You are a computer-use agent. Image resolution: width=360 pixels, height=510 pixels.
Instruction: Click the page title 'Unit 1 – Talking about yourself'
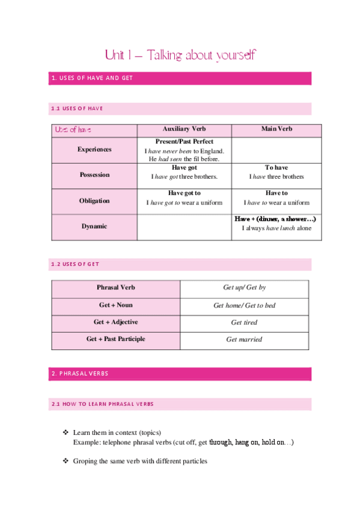[x=180, y=55]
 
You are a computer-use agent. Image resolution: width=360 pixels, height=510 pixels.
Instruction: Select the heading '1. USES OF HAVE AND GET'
[x=92, y=78]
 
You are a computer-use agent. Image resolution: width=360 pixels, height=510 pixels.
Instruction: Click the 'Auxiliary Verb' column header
[x=184, y=129]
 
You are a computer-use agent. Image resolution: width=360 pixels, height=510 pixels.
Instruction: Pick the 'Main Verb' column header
[x=276, y=129]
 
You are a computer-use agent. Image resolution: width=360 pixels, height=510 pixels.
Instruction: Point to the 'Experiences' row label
[x=94, y=149]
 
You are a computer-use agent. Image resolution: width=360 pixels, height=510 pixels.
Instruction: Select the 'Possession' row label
[x=94, y=175]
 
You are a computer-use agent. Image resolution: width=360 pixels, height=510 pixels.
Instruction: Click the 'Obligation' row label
[x=94, y=201]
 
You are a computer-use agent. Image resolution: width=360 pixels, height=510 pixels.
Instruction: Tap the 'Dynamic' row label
[x=94, y=227]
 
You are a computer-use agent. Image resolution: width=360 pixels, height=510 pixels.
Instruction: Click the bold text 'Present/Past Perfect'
[x=184, y=141]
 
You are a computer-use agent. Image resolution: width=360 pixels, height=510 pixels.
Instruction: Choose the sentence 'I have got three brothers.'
[x=184, y=177]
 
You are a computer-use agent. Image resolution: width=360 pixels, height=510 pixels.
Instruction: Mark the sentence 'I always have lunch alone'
[x=276, y=229]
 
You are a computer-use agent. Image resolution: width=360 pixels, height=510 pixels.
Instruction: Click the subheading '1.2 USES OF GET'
[x=75, y=264]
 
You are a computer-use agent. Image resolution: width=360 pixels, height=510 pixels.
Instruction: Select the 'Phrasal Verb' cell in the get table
[x=115, y=288]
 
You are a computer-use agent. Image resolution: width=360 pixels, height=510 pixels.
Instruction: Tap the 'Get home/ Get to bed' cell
[x=244, y=306]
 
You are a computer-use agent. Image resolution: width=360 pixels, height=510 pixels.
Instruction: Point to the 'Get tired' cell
[x=244, y=322]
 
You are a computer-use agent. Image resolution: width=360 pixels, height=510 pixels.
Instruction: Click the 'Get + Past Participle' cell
[x=115, y=339]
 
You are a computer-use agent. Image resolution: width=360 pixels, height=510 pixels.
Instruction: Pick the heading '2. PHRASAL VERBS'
[x=80, y=373]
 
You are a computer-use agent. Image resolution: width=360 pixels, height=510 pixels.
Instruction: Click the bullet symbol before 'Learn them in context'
[x=66, y=433]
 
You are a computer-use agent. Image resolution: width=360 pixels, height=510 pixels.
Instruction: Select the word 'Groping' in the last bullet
[x=85, y=461]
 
